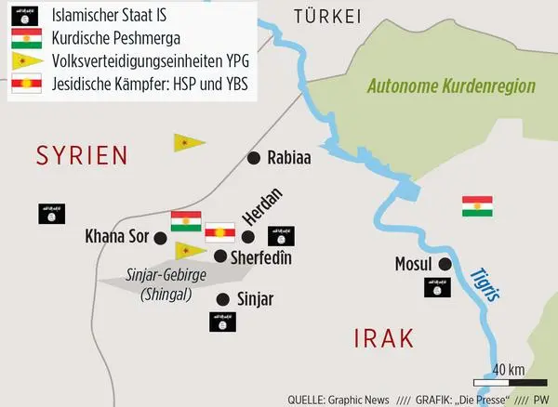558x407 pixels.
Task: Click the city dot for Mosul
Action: click(x=445, y=264)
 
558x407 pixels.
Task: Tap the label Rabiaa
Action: click(x=288, y=159)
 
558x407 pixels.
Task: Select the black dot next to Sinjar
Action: click(x=222, y=298)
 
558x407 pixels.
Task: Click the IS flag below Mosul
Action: click(x=439, y=287)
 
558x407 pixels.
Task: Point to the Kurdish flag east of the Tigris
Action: click(x=476, y=206)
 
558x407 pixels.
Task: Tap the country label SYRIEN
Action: click(x=81, y=156)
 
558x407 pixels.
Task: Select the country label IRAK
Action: click(x=382, y=338)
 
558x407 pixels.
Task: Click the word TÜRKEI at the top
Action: click(x=325, y=15)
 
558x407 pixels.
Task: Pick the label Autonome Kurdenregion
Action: click(x=452, y=86)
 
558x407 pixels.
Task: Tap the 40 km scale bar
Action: click(x=509, y=381)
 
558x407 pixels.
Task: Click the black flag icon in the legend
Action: click(x=25, y=18)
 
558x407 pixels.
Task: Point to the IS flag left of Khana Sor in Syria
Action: click(x=51, y=213)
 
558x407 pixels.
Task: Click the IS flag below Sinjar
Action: click(x=223, y=322)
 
